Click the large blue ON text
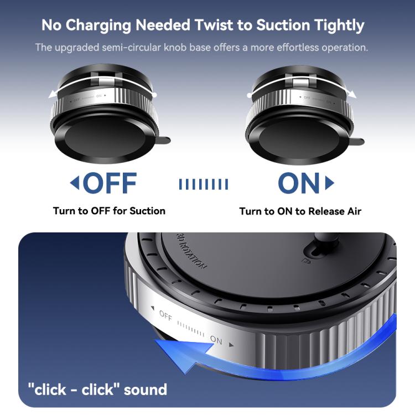click(299, 183)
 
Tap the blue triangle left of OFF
click(74, 183)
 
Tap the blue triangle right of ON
click(330, 183)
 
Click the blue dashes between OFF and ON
click(203, 184)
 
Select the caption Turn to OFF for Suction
click(109, 211)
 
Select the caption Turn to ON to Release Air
click(300, 211)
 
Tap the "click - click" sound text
click(97, 390)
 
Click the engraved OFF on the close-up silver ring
click(165, 316)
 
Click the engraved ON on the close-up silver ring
click(216, 341)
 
